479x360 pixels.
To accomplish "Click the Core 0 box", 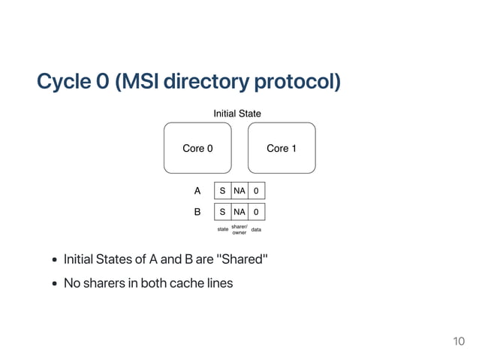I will coord(197,148).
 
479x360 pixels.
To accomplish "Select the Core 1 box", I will coord(282,148).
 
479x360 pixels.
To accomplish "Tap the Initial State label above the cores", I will coord(237,113).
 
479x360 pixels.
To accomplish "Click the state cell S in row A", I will coord(223,191).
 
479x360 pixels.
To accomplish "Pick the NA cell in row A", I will coord(239,191).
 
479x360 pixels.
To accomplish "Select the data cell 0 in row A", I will coord(256,191).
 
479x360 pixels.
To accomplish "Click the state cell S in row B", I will coord(223,212).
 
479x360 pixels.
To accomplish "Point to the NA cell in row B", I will coord(239,212).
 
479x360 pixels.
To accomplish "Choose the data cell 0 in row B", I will coord(256,212).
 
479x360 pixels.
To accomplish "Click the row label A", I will coord(197,191).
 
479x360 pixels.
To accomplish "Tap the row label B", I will coord(197,212).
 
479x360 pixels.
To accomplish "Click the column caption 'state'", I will coord(223,229).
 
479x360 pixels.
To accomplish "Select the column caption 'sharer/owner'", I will coord(239,229).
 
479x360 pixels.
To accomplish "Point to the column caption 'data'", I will coord(256,229).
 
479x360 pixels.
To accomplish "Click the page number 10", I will coord(459,342).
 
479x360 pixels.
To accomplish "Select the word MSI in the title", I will coord(141,81).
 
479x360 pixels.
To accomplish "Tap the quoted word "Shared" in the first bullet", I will coord(243,259).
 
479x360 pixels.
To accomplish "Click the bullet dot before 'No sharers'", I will coord(55,283).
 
